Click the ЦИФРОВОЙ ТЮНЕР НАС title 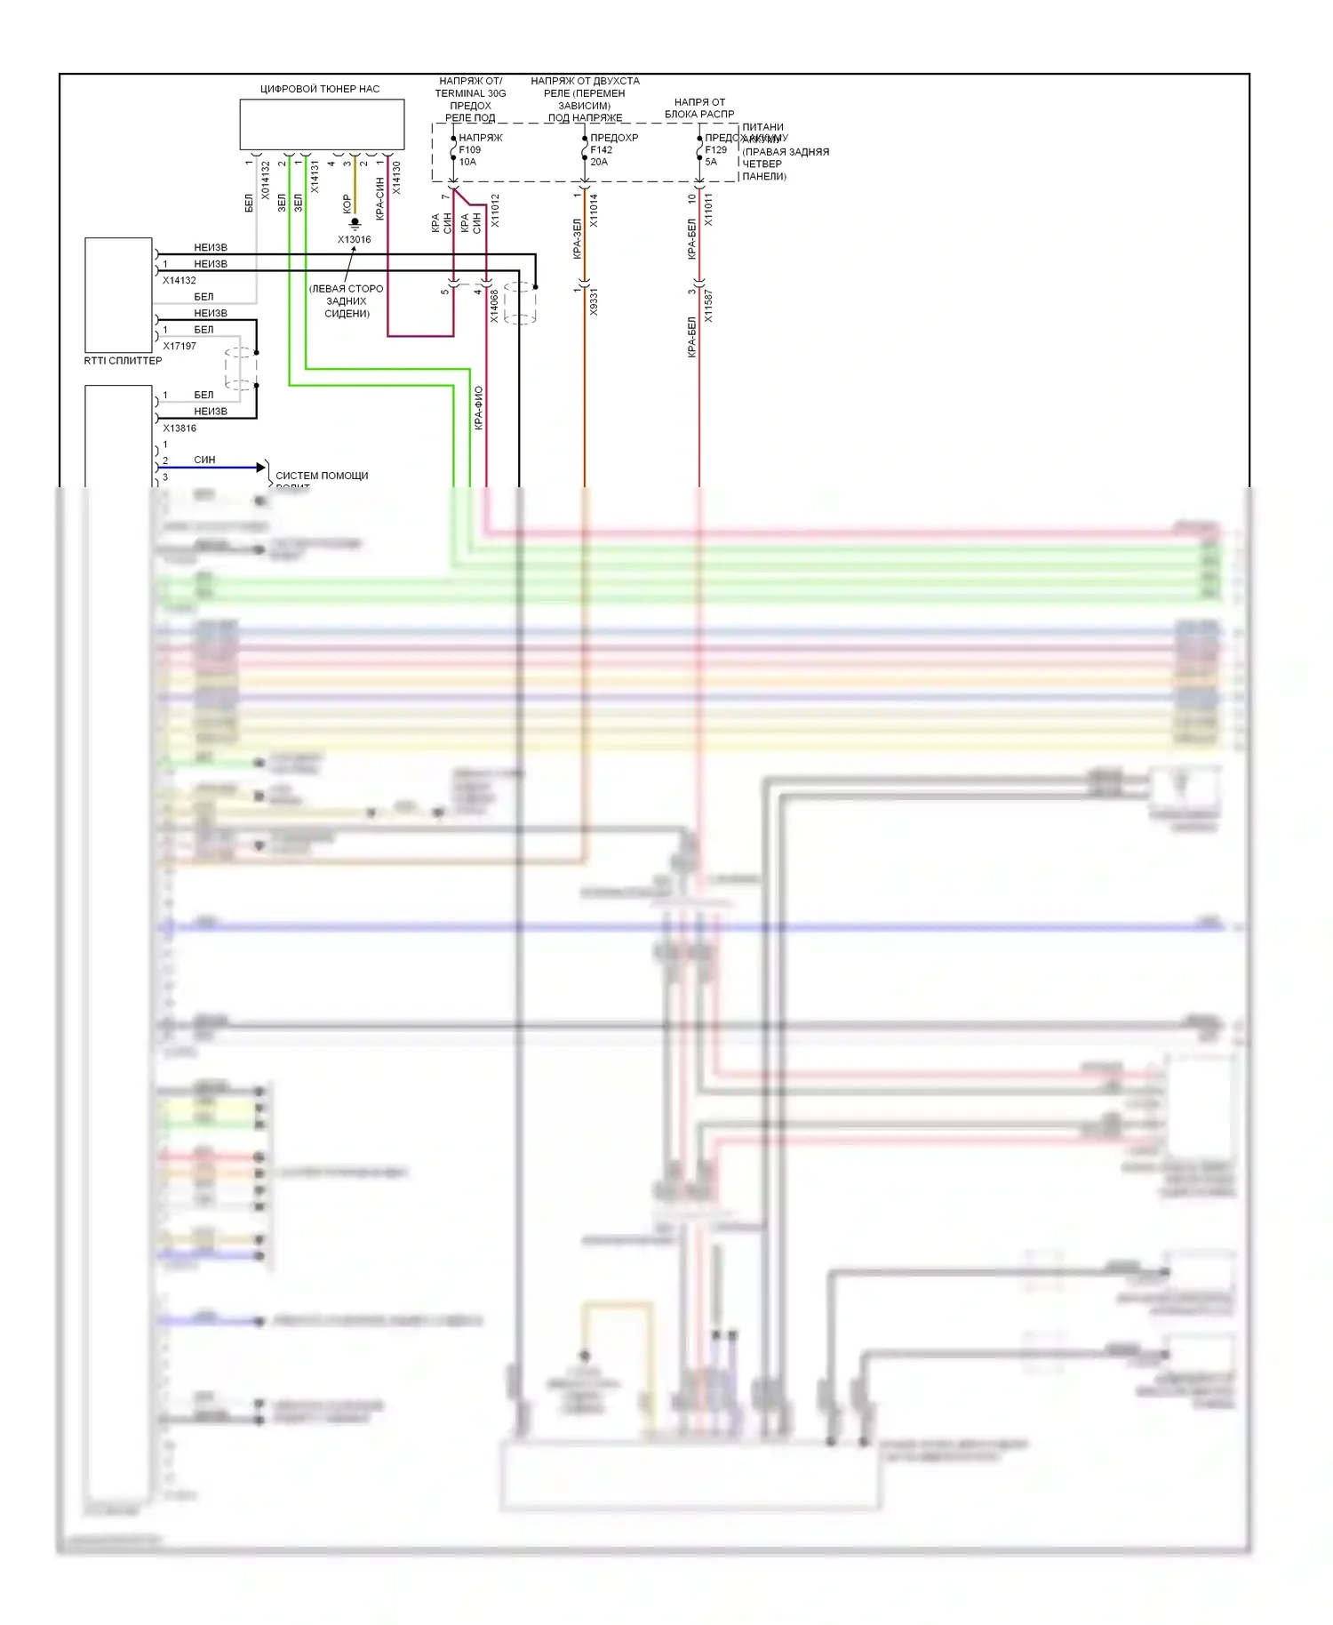tap(319, 89)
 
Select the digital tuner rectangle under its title tap(322, 124)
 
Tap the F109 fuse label tap(469, 150)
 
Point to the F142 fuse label tap(602, 150)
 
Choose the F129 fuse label tap(715, 150)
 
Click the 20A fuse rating tap(599, 162)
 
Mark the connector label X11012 tap(495, 211)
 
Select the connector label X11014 tap(594, 211)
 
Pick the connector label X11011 tap(708, 211)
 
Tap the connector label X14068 tap(495, 306)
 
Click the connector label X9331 tap(594, 301)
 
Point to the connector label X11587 tap(708, 305)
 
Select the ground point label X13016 tap(354, 240)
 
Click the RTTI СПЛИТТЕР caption tap(123, 361)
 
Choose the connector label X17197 tap(180, 346)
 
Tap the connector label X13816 tap(180, 428)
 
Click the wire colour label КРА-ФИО tap(479, 408)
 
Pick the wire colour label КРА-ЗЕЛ tap(577, 238)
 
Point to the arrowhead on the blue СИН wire tap(261, 468)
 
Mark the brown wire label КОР tap(347, 204)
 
